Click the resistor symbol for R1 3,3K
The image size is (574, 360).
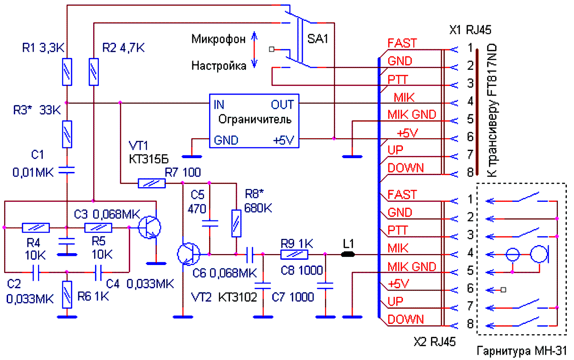coord(67,72)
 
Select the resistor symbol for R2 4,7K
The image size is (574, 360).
coord(94,72)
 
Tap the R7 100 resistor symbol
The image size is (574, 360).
coord(152,183)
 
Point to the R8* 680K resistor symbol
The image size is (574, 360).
coord(236,224)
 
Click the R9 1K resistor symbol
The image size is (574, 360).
coord(295,255)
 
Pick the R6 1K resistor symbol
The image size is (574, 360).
coord(67,295)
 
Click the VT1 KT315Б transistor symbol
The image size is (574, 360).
coord(149,227)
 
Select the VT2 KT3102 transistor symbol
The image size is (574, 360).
coord(189,254)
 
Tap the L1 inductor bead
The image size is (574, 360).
coord(348,255)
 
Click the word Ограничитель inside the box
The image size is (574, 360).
coord(255,119)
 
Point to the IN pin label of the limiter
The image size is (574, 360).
coord(219,104)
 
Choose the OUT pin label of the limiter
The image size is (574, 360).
coord(282,104)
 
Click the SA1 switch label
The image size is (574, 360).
coord(317,39)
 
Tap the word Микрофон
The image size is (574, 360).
coord(219,39)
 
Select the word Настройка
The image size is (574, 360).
coord(219,66)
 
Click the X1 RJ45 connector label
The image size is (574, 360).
coord(470,30)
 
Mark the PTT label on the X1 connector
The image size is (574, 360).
coord(397,80)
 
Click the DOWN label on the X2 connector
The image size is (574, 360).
coord(406,320)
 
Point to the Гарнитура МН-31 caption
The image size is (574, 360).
coord(522,351)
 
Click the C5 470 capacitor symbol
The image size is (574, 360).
coord(210,224)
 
